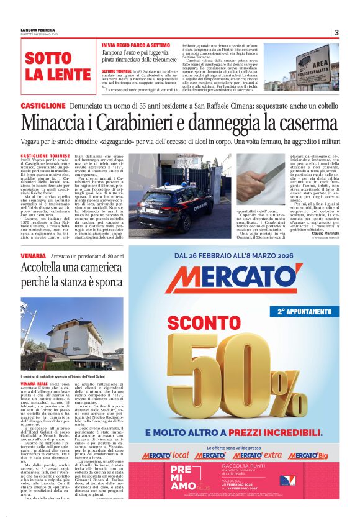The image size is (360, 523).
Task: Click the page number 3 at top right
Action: (336, 32)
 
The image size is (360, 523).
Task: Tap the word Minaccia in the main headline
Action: (55, 127)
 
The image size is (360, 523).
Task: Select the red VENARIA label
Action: (33, 255)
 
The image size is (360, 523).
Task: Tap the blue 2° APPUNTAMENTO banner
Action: (304, 311)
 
